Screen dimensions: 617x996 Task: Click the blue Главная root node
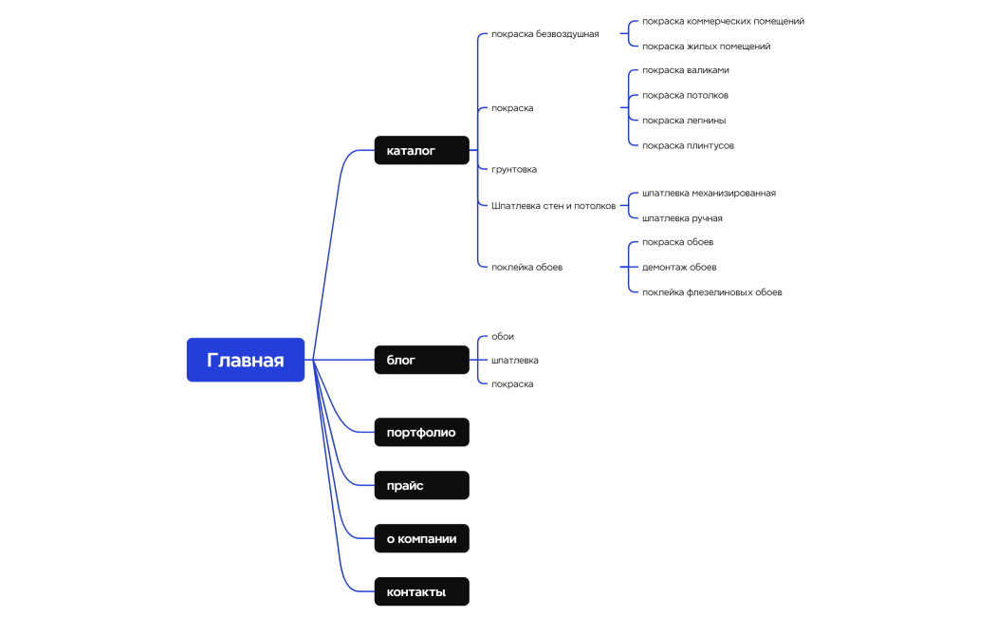pyautogui.click(x=245, y=360)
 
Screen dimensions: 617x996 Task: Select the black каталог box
pyautogui.click(x=421, y=150)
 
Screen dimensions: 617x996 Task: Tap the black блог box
pyautogui.click(x=421, y=360)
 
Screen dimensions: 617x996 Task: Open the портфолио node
pyautogui.click(x=421, y=432)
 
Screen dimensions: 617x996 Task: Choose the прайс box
pyautogui.click(x=421, y=485)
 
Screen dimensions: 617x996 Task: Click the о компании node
pyautogui.click(x=421, y=538)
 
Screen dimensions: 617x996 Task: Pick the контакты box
pyautogui.click(x=421, y=591)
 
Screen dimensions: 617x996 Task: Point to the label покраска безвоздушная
pyautogui.click(x=544, y=34)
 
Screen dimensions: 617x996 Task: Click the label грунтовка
pyautogui.click(x=514, y=169)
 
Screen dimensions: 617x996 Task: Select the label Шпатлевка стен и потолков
pyautogui.click(x=553, y=205)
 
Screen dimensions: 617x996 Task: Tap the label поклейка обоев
pyautogui.click(x=526, y=267)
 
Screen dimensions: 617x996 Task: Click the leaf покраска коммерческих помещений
pyautogui.click(x=723, y=21)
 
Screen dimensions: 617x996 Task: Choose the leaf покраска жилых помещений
pyautogui.click(x=706, y=46)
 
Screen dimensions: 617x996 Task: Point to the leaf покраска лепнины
pyautogui.click(x=684, y=121)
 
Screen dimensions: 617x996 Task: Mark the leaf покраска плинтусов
pyautogui.click(x=688, y=145)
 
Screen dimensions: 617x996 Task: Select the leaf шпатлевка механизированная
pyautogui.click(x=709, y=193)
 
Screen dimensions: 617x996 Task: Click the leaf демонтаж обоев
pyautogui.click(x=679, y=267)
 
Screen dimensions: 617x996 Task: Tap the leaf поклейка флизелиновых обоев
pyautogui.click(x=711, y=291)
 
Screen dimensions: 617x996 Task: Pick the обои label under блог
pyautogui.click(x=503, y=336)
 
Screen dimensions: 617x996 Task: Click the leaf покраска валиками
pyautogui.click(x=686, y=70)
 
